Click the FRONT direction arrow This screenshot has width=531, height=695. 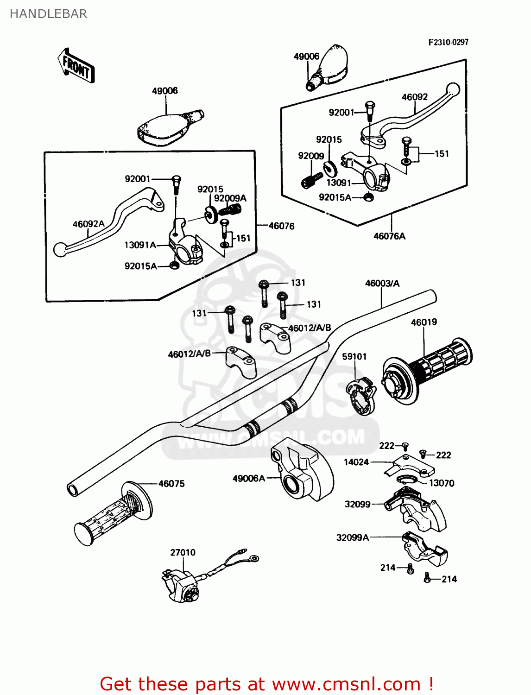pos(76,67)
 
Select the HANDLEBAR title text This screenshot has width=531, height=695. pos(48,14)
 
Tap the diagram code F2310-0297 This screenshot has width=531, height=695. pos(448,42)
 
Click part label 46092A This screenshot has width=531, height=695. pos(88,224)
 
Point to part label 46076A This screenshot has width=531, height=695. pos(389,236)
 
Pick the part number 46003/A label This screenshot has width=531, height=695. pos(382,283)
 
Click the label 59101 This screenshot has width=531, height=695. pos(354,356)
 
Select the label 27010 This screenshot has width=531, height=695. pos(183,552)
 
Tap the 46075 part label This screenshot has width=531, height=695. pos(171,484)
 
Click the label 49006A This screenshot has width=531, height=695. pos(249,478)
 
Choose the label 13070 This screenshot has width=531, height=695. pos(442,483)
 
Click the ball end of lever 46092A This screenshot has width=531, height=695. pos(60,250)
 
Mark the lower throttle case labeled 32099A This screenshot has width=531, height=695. pos(424,549)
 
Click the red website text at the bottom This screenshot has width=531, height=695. pos(266,684)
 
